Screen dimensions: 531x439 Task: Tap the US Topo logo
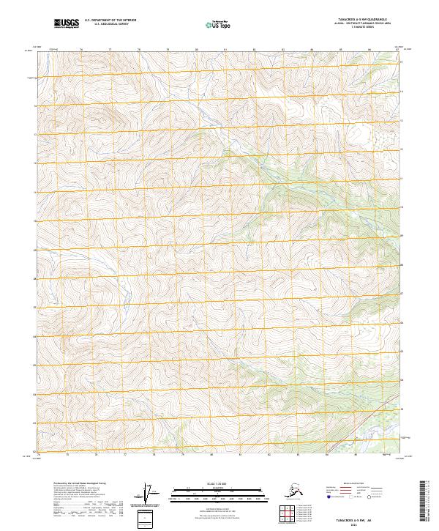pos(214,24)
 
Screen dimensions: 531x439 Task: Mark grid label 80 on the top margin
pos(196,51)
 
